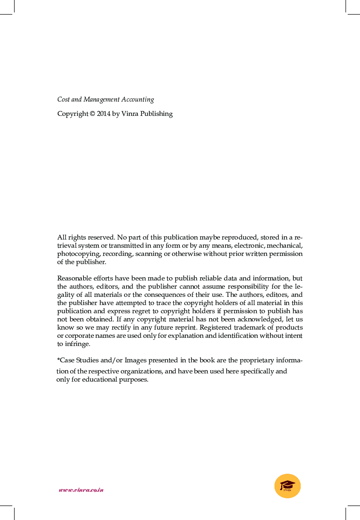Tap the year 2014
(103, 114)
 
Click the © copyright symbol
(92, 114)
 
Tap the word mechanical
(284, 246)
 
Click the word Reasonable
(75, 278)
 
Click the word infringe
(77, 344)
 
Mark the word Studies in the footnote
(88, 360)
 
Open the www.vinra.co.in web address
(81, 490)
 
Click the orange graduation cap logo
(288, 486)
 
